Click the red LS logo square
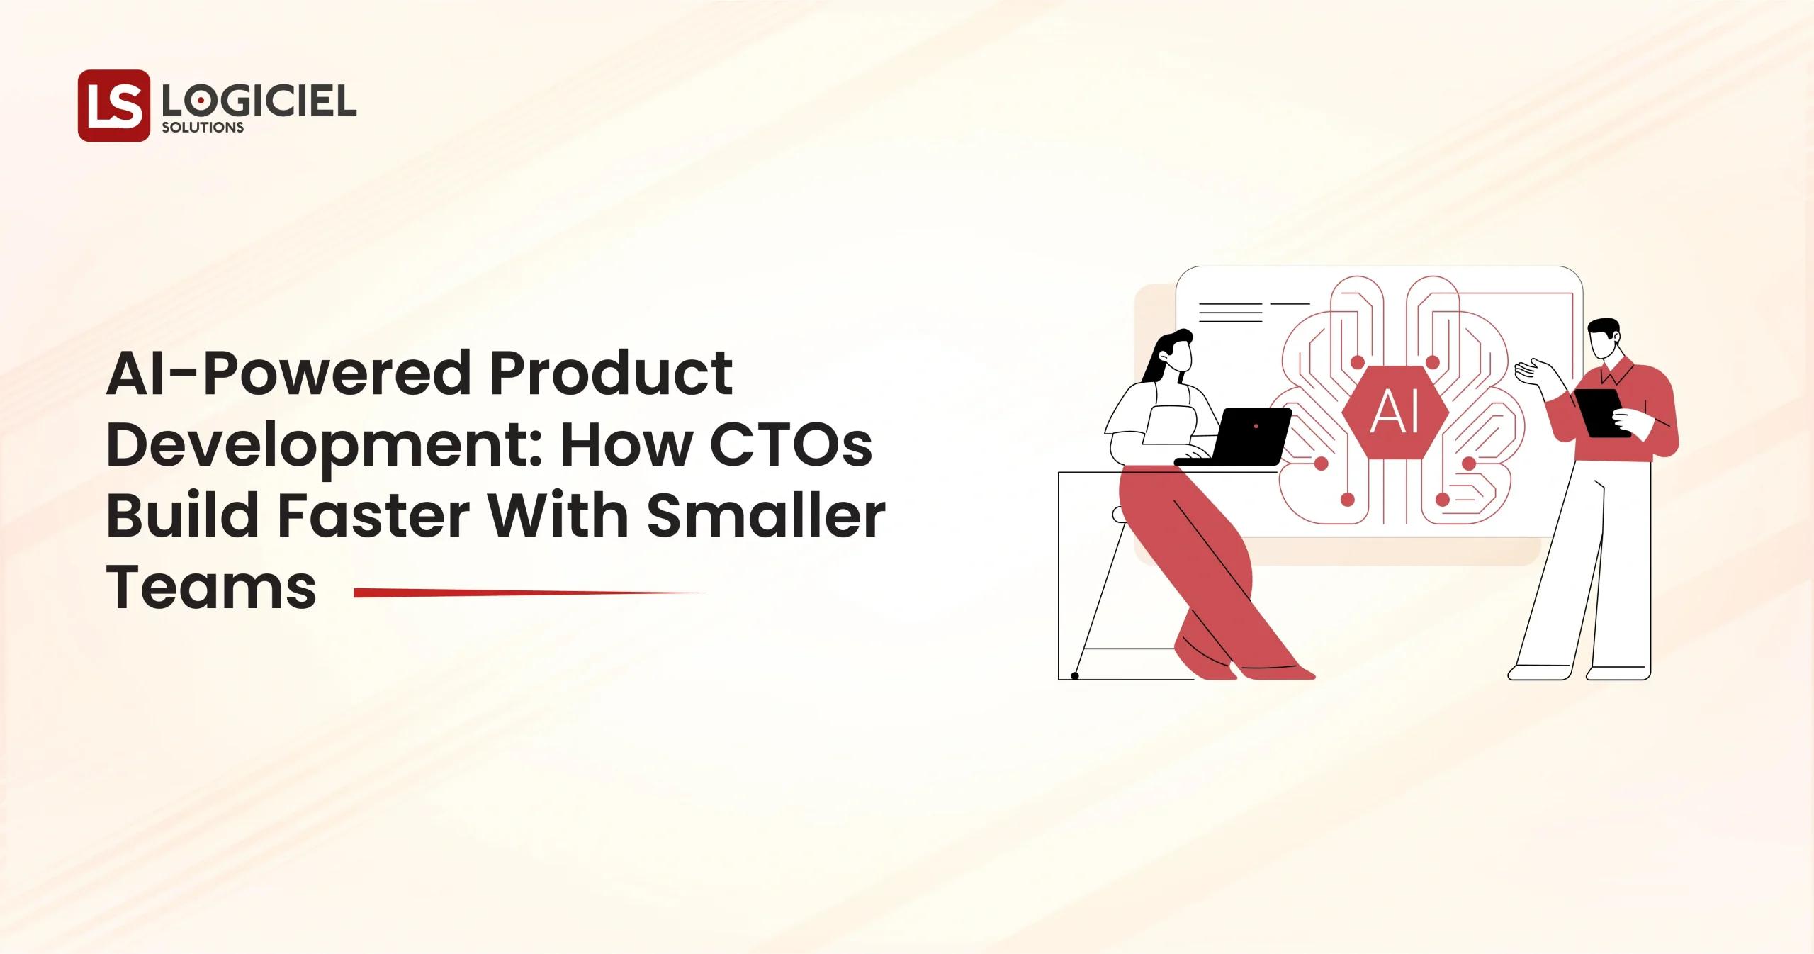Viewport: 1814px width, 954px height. [x=113, y=106]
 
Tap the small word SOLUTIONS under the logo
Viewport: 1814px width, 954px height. [x=203, y=128]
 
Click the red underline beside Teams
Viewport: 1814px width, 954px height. [x=530, y=593]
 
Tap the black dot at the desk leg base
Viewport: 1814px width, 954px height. [x=1075, y=676]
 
